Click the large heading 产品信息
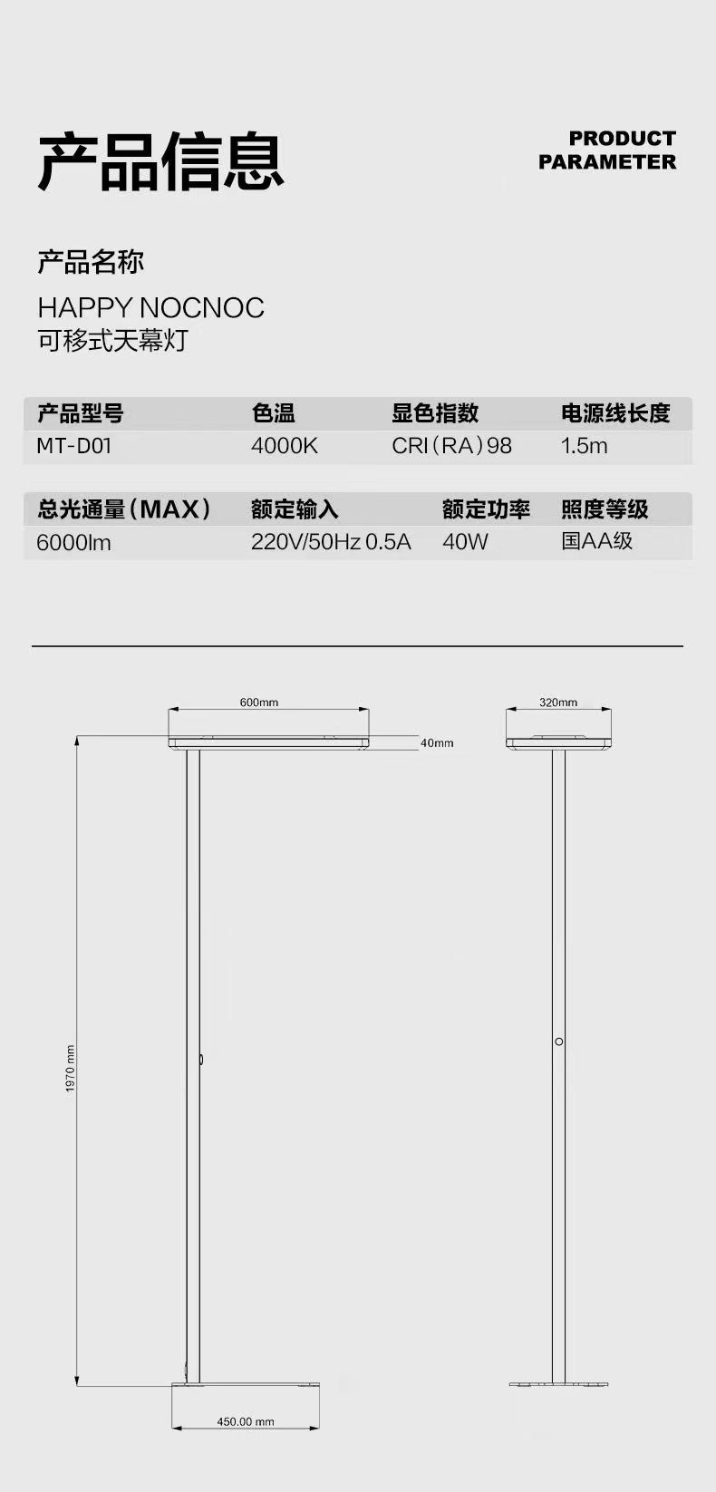(x=161, y=161)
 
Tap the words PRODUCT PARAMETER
(x=607, y=150)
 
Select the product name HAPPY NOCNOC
(x=150, y=308)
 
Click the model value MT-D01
(x=73, y=446)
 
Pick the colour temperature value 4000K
(x=285, y=446)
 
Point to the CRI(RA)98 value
(x=451, y=446)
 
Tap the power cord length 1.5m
(x=585, y=446)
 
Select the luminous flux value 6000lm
(x=73, y=543)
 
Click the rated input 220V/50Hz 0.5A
(x=331, y=542)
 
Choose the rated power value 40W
(x=465, y=542)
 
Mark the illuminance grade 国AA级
(x=596, y=541)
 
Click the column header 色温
(x=274, y=413)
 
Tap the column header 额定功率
(x=486, y=509)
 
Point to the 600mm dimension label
(x=259, y=702)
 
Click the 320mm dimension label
(x=558, y=702)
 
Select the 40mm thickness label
(x=437, y=743)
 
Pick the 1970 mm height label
(x=71, y=1068)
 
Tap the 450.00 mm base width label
(x=245, y=1421)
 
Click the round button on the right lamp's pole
(x=559, y=1041)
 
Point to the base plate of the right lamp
(x=558, y=1384)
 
